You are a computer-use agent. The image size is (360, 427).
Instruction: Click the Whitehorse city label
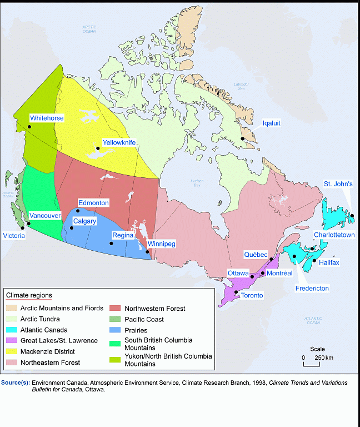coord(47,118)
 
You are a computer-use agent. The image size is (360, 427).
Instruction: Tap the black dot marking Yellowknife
coord(98,148)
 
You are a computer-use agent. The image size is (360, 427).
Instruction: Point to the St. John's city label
coord(338,184)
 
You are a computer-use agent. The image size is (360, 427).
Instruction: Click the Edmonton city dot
coord(78,211)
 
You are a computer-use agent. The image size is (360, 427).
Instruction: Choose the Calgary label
coord(85,221)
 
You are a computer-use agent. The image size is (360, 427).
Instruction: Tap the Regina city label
coord(123,235)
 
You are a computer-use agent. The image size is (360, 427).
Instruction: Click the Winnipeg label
coord(162,244)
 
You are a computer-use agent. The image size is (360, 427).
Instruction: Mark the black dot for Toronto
coord(236,292)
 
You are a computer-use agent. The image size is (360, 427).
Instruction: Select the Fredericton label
coord(312,289)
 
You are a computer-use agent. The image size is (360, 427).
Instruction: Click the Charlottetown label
coord(334,235)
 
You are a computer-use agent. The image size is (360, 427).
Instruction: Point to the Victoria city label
coord(13,236)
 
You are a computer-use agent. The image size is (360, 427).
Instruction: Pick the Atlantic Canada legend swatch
coord(11,330)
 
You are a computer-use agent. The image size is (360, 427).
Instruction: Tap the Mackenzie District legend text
coord(47,351)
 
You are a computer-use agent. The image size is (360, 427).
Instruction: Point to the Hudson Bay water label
coord(197,183)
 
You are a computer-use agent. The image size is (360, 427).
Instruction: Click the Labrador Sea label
coord(241,86)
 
